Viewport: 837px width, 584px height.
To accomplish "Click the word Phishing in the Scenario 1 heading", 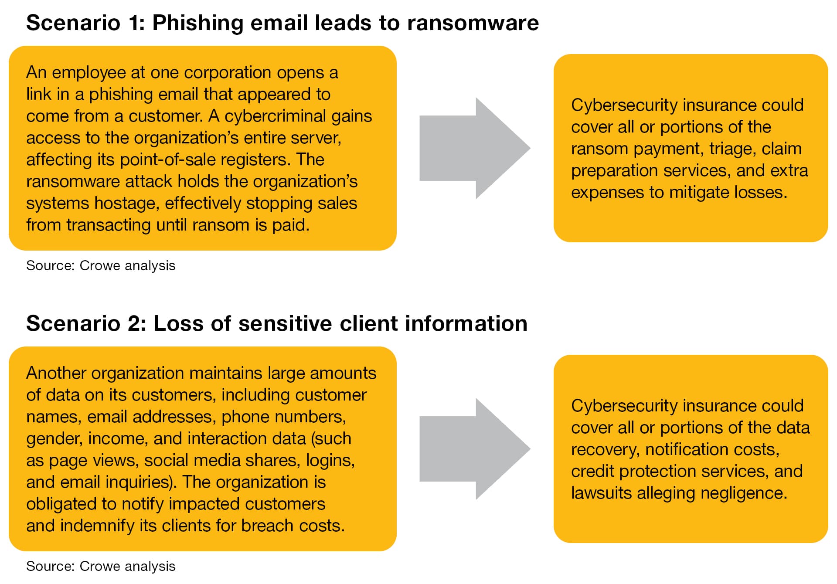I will tap(197, 23).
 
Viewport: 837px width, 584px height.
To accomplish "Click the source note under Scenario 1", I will tap(101, 265).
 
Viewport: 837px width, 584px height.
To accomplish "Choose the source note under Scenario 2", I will tap(101, 566).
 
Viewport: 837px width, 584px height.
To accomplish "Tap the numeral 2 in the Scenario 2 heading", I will tap(135, 324).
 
